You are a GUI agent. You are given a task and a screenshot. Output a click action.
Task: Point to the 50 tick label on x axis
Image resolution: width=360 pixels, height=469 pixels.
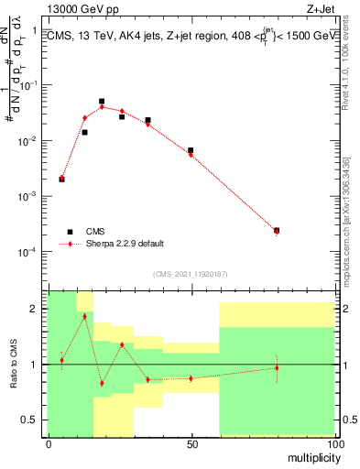point(191,443)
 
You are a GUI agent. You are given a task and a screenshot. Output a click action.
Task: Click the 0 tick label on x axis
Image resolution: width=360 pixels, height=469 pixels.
point(49,443)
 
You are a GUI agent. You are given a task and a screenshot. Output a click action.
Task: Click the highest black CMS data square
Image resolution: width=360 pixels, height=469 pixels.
point(102,102)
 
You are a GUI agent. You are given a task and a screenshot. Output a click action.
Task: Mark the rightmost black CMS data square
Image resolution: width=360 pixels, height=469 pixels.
point(277,231)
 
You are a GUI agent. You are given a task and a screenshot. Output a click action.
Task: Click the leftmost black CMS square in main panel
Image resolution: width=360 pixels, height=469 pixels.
point(61,180)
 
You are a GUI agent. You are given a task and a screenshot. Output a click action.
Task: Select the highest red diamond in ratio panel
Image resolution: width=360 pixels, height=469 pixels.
point(84,316)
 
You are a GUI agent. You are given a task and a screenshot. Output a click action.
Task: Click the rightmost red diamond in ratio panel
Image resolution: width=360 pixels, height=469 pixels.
point(277,367)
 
